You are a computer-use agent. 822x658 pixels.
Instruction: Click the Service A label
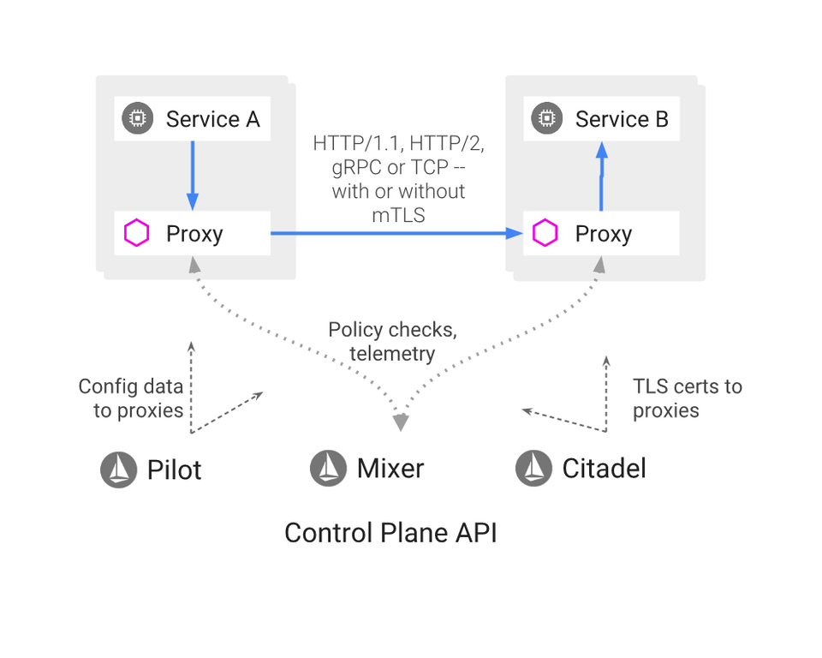coord(212,119)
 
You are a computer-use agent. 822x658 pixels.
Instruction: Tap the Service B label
coord(622,119)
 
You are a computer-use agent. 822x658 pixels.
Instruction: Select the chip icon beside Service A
coord(137,119)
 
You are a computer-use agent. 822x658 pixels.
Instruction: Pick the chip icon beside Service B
coord(546,119)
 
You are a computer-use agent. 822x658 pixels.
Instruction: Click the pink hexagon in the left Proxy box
coord(137,234)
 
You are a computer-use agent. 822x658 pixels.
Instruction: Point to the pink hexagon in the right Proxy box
coord(545,234)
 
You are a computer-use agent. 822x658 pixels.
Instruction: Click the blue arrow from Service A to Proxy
coord(193,176)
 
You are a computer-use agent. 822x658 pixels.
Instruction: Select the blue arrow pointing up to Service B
coord(601,176)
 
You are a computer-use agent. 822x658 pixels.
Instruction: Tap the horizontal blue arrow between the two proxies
coord(394,233)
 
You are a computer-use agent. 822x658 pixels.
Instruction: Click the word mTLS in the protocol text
coord(398,215)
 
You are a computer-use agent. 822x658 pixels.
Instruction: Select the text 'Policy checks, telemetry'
coord(392,342)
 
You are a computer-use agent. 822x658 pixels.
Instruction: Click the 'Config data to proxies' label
coord(131,398)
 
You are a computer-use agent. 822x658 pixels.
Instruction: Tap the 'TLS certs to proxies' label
coord(687,398)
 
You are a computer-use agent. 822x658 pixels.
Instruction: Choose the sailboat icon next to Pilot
coord(119,470)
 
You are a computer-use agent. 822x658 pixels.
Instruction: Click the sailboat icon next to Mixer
coord(328,468)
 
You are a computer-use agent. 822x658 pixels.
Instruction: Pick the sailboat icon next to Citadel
coord(534,469)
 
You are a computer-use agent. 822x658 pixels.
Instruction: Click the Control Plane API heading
coord(390,533)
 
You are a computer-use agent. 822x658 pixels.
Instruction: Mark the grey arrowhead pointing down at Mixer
coord(400,422)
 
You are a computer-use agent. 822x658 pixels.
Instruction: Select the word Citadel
coord(604,469)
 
